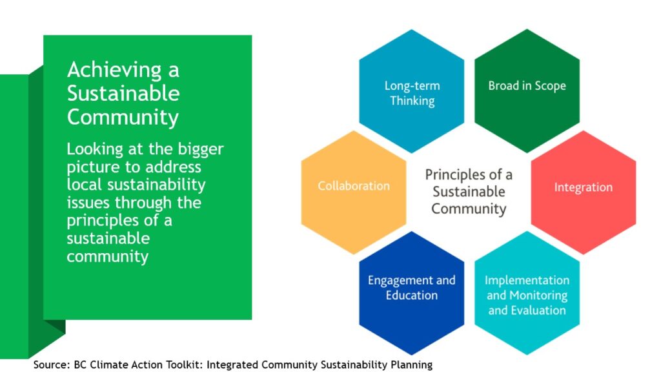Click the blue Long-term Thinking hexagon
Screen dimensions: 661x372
pyautogui.click(x=411, y=91)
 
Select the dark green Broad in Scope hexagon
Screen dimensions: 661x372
pyautogui.click(x=527, y=91)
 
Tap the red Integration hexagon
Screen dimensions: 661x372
pyautogui.click(x=584, y=192)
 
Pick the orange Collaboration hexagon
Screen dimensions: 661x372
pyautogui.click(x=354, y=192)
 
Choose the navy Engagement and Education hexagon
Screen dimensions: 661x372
pyautogui.click(x=411, y=293)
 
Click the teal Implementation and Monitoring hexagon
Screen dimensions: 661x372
pyautogui.click(x=527, y=293)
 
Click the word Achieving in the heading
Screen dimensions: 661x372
pyautogui.click(x=114, y=70)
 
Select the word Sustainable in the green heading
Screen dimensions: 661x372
pyautogui.click(x=123, y=93)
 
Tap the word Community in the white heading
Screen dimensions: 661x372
pyautogui.click(x=123, y=118)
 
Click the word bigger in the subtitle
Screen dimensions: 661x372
pyautogui.click(x=201, y=150)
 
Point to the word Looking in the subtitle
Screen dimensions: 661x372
pyautogui.click(x=95, y=150)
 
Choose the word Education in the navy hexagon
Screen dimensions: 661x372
pyautogui.click(x=411, y=295)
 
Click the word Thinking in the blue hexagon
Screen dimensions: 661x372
pyautogui.click(x=412, y=101)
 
